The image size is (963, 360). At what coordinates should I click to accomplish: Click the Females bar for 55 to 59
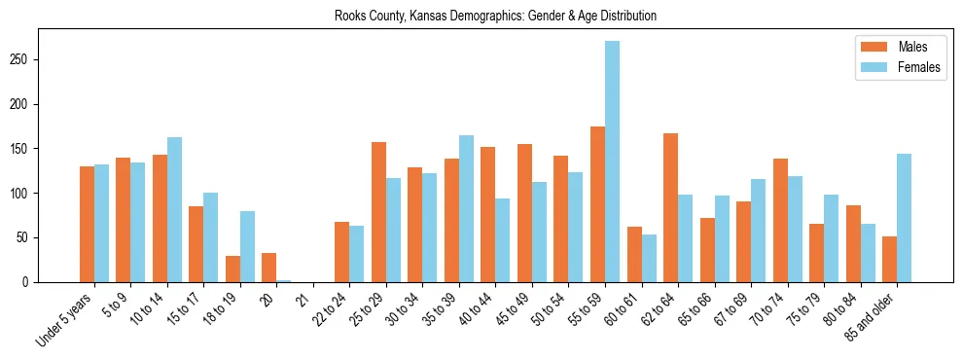click(612, 162)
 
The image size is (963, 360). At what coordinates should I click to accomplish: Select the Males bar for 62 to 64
click(671, 208)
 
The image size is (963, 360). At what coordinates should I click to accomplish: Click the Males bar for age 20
click(269, 268)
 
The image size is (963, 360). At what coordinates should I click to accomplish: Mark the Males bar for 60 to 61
click(634, 255)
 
